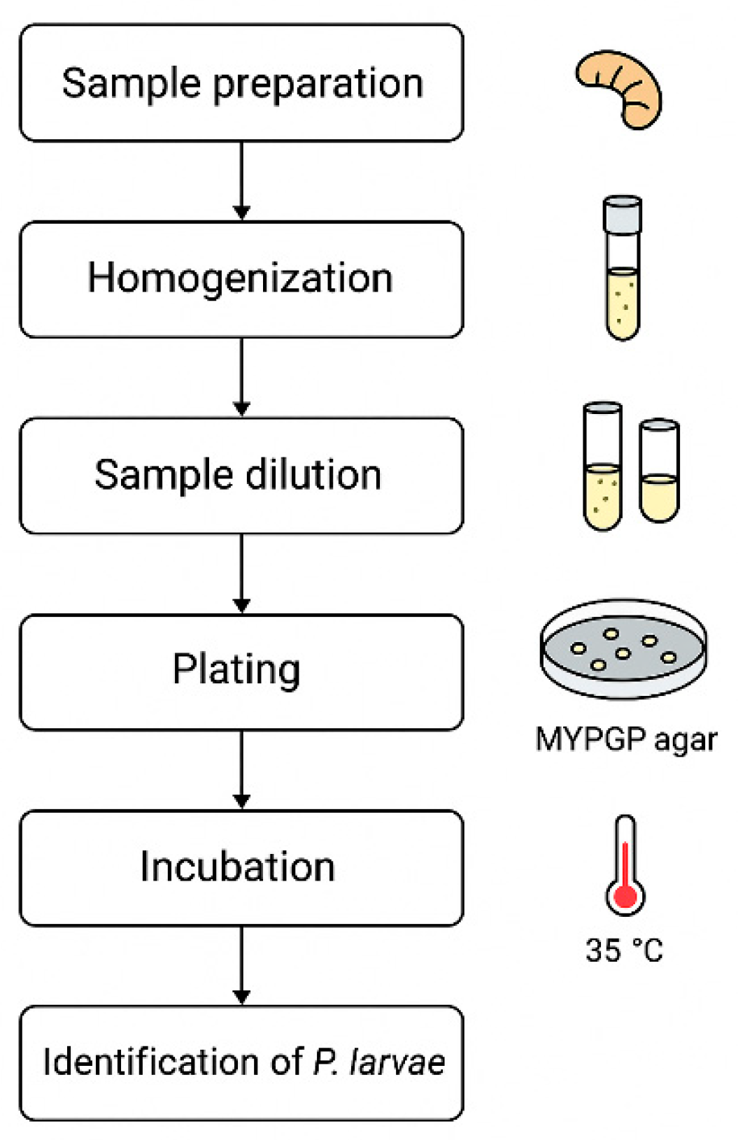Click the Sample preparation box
click(241, 83)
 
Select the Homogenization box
click(241, 279)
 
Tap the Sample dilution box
click(241, 476)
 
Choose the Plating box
click(241, 671)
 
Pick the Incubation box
click(241, 868)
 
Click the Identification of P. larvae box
click(241, 1062)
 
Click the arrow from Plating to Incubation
click(241, 769)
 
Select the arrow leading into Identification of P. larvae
click(241, 965)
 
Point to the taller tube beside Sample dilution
click(602, 467)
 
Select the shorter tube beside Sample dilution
click(659, 472)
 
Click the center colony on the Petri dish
click(622, 653)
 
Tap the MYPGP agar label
click(626, 739)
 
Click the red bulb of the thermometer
click(625, 896)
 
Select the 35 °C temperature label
click(624, 950)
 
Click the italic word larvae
click(397, 1062)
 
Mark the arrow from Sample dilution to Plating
click(241, 573)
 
